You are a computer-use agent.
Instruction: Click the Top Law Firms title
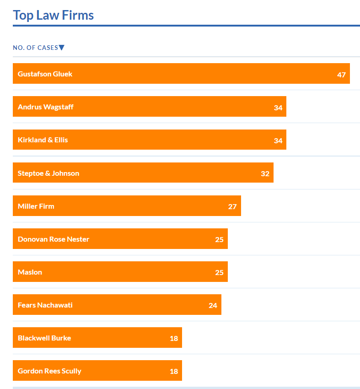click(x=53, y=15)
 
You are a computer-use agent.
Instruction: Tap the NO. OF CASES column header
click(x=35, y=48)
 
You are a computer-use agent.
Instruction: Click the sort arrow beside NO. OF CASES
click(x=62, y=48)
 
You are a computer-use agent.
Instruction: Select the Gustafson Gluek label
click(x=45, y=74)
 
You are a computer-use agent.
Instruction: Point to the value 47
click(x=341, y=75)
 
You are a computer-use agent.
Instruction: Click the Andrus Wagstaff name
click(x=45, y=107)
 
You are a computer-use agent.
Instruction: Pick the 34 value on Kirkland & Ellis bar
click(x=278, y=140)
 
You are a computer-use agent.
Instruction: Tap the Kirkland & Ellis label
click(x=43, y=140)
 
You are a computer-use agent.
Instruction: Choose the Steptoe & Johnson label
click(x=48, y=173)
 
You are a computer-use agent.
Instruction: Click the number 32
click(x=265, y=173)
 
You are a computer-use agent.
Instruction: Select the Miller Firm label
click(x=36, y=206)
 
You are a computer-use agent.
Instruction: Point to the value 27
click(x=232, y=206)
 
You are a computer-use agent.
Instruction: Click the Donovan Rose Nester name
click(x=53, y=239)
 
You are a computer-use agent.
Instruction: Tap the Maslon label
click(x=30, y=272)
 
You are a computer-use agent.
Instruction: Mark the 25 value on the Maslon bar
click(x=219, y=272)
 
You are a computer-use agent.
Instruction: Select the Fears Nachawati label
click(x=45, y=305)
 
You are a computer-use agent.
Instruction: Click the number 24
click(x=213, y=305)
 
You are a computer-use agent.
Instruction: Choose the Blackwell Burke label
click(x=44, y=338)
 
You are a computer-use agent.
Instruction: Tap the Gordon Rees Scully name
click(x=49, y=371)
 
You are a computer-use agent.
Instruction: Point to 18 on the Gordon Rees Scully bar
click(x=174, y=371)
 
